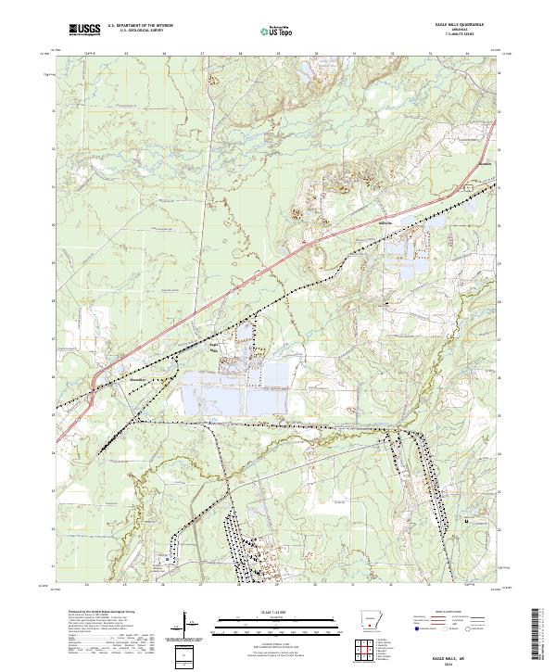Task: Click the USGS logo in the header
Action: coord(85,30)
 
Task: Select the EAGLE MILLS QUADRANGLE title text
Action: coord(458,25)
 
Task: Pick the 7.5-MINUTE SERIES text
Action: coord(458,35)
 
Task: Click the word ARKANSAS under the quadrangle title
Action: coord(458,31)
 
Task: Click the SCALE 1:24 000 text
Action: coord(277,612)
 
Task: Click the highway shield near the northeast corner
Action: coord(470,187)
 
